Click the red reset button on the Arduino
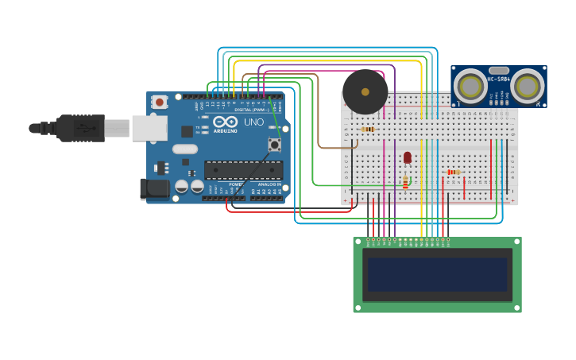(x=160, y=102)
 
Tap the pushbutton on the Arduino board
(x=275, y=145)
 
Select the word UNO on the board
(x=253, y=122)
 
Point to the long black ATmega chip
(x=243, y=169)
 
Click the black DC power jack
(x=154, y=188)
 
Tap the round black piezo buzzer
(x=365, y=92)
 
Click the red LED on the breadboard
(x=408, y=157)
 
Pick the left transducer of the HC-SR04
(x=470, y=87)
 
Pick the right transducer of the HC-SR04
(x=528, y=86)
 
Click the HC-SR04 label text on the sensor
(x=499, y=79)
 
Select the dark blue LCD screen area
(x=437, y=274)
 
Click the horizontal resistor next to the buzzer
(x=367, y=129)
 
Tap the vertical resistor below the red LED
(x=405, y=184)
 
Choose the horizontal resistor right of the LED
(x=453, y=172)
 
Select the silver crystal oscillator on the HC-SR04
(x=499, y=71)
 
